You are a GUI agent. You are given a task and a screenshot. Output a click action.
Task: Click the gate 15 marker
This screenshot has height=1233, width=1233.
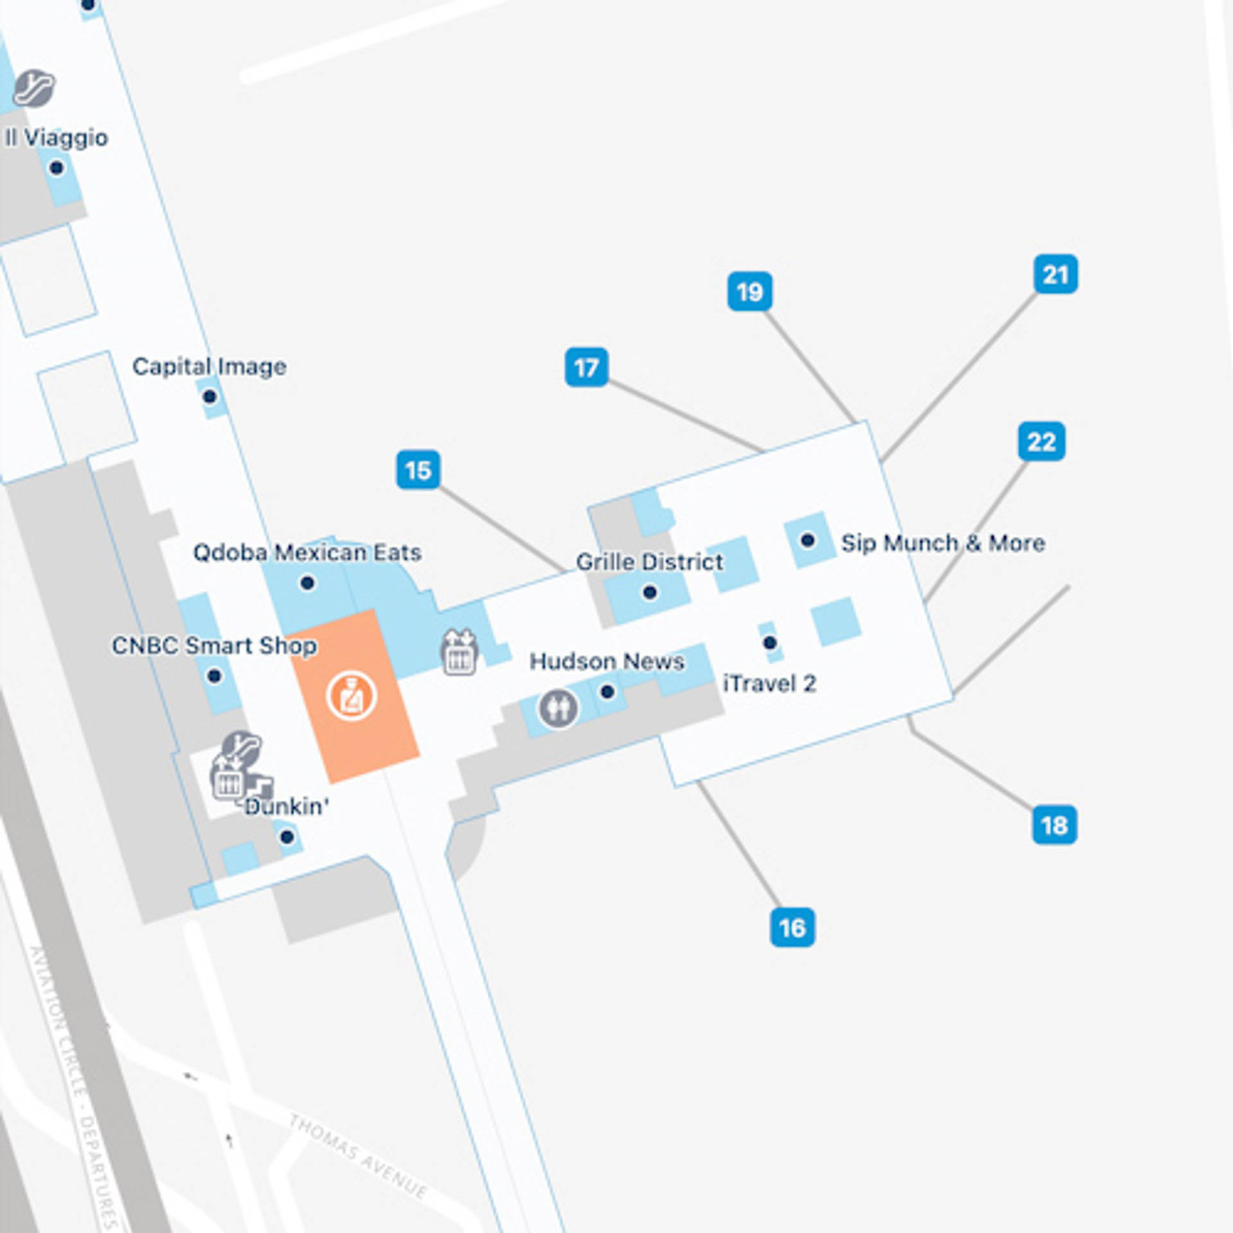point(418,470)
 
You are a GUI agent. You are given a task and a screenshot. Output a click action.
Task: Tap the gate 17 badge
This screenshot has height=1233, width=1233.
point(586,367)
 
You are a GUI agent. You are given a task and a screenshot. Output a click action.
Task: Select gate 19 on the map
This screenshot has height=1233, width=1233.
point(749,292)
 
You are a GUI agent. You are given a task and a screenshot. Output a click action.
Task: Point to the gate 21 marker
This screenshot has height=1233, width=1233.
point(1056,274)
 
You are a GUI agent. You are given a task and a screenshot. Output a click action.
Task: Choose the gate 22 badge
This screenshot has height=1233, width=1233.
point(1042,441)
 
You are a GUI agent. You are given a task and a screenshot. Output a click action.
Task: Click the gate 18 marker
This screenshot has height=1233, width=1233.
point(1054,825)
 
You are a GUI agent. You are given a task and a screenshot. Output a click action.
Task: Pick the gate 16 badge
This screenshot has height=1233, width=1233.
point(792,927)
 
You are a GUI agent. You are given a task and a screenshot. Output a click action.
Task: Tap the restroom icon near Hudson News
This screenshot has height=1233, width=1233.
point(558,708)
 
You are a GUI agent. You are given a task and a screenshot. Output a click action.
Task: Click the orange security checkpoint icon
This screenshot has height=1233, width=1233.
point(351,696)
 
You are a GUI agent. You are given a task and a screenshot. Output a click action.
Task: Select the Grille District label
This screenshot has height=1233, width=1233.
point(649,562)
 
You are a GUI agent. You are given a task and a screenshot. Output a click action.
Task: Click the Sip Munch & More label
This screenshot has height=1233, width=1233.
point(943,543)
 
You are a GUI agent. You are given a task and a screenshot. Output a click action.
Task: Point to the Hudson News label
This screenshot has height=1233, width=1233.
point(606,661)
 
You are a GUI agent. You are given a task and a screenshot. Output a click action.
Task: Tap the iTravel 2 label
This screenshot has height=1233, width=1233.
point(769,684)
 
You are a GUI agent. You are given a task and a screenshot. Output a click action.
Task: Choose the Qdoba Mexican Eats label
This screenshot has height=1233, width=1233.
point(307,553)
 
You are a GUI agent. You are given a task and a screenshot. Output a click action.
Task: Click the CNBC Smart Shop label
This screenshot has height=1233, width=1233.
point(214,646)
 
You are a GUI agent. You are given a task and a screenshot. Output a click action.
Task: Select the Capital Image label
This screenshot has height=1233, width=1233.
point(209,367)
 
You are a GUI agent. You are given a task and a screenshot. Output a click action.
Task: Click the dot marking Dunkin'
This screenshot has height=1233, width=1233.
point(287,837)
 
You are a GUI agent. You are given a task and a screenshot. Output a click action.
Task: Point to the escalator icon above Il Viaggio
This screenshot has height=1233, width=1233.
point(35,88)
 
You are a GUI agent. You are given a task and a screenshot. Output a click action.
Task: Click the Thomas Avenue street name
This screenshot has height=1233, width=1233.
point(358,1155)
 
